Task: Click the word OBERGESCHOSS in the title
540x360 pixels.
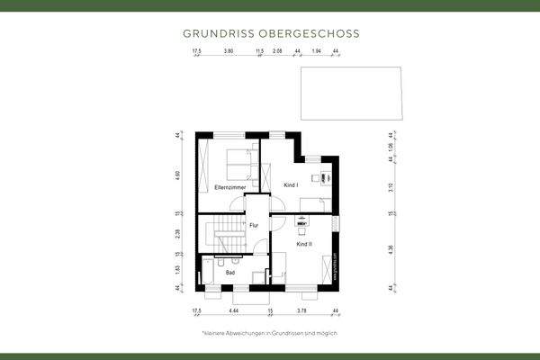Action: click(310, 33)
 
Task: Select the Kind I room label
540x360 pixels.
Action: click(291, 184)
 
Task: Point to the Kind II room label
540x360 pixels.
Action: click(304, 244)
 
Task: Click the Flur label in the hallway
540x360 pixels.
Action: click(254, 225)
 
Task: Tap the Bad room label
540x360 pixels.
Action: click(230, 272)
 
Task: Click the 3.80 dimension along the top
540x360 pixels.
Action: click(229, 52)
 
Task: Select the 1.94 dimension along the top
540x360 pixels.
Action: click(316, 52)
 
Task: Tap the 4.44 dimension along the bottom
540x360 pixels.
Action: click(233, 310)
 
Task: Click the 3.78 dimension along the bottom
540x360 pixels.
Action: click(301, 310)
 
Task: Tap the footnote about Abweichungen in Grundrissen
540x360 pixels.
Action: click(269, 332)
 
